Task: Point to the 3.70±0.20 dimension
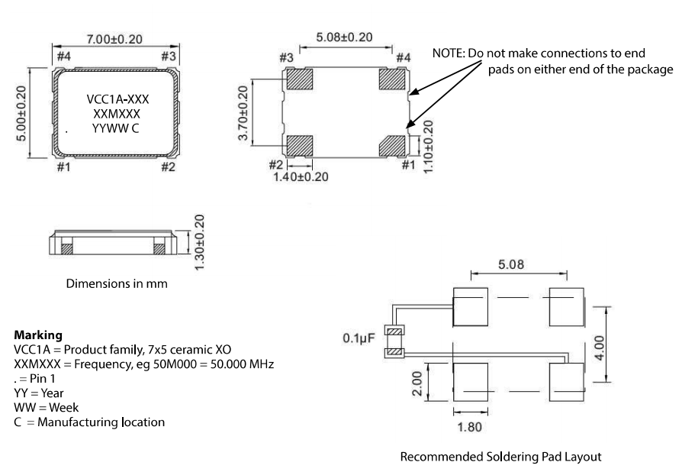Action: (x=243, y=113)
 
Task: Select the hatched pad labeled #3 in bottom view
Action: (x=299, y=79)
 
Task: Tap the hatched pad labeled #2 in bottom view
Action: (x=299, y=144)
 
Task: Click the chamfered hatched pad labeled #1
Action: (x=393, y=144)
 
